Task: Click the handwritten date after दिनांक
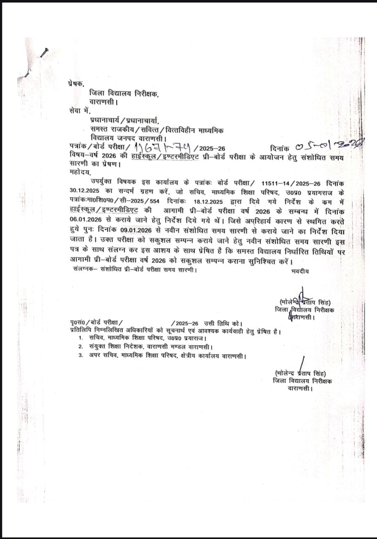329,147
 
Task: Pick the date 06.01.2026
84,220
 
